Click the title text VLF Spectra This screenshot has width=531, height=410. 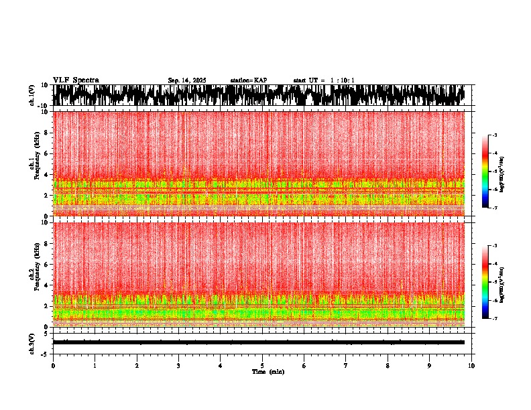[76, 80]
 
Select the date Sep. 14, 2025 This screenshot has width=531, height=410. [187, 80]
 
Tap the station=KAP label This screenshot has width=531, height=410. [249, 80]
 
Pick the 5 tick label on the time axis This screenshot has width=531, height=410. [263, 366]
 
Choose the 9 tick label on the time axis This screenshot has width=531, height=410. [430, 366]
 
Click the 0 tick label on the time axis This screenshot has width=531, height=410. [53, 366]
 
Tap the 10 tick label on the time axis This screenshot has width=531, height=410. [472, 366]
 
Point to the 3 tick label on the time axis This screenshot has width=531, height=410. [179, 366]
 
